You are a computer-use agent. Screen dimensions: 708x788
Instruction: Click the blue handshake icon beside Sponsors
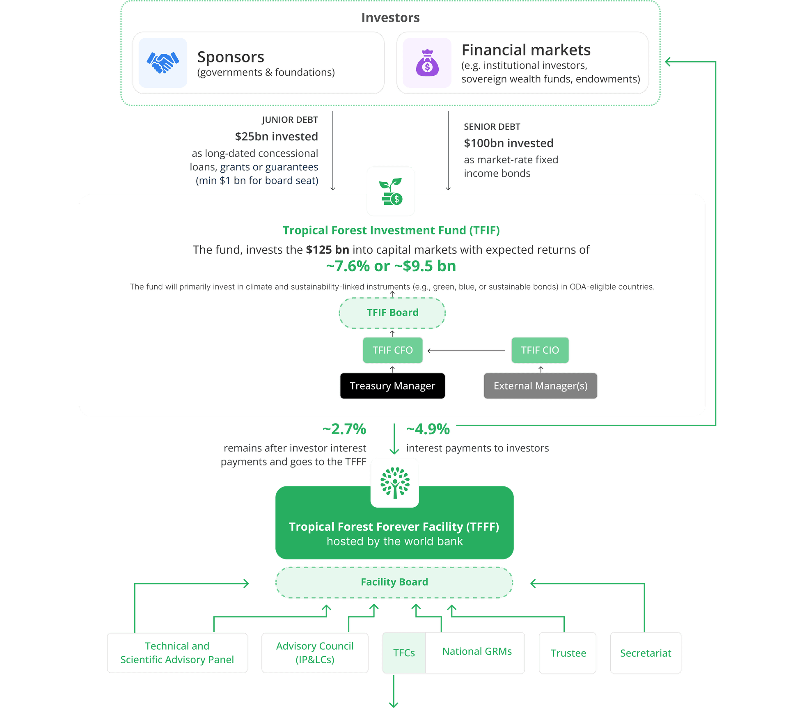point(163,63)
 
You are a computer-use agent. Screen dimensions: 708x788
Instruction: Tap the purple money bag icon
point(427,63)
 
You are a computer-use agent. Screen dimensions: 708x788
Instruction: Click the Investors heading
point(390,18)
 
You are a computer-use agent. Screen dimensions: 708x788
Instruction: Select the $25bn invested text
point(276,136)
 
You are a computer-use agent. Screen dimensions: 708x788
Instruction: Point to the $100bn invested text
point(509,143)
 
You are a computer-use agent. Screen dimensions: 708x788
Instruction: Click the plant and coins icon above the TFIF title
point(391,191)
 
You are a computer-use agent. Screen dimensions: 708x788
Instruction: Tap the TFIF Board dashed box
point(392,313)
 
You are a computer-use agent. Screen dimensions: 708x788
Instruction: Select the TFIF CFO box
point(392,350)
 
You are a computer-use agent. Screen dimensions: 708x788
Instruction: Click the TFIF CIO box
point(540,350)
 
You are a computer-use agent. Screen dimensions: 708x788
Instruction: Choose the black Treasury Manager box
point(392,386)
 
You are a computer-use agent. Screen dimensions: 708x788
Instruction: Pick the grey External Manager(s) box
point(540,386)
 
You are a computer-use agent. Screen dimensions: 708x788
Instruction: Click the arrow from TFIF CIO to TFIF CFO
point(466,351)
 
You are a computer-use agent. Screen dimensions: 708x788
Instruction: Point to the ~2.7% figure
point(344,429)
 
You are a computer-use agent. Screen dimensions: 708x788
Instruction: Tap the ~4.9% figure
point(428,429)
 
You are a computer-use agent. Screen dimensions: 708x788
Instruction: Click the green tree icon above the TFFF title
point(395,483)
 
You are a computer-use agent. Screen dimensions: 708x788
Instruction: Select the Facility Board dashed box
point(394,582)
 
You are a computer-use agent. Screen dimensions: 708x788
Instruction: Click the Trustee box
point(568,653)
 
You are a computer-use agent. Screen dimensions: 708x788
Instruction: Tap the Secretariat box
point(645,653)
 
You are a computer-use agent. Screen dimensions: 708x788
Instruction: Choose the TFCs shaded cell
point(404,653)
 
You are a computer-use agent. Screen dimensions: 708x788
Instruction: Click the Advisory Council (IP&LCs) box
point(315,653)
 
